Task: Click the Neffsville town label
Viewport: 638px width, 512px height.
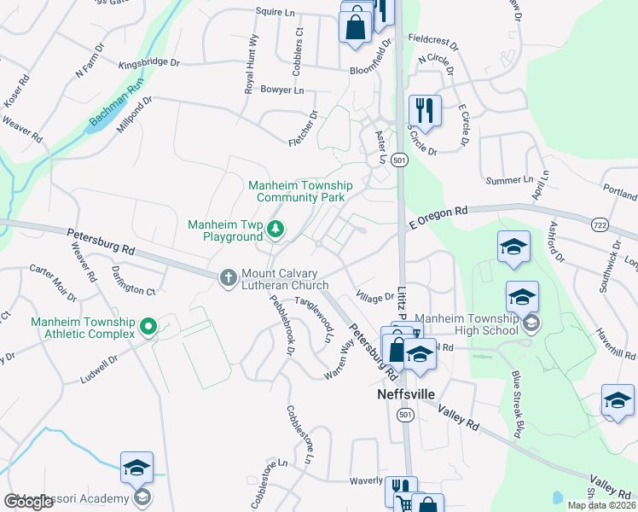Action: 405,396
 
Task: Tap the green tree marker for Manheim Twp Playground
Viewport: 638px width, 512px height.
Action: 275,228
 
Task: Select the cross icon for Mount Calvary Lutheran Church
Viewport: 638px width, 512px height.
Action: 228,277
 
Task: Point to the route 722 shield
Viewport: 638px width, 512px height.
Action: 599,224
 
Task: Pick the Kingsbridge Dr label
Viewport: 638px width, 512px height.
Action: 149,62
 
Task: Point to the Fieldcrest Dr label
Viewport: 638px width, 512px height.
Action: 433,39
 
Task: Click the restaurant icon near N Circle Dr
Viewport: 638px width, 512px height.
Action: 422,109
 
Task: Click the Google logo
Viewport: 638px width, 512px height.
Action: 28,501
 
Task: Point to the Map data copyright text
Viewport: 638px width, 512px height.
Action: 601,505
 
